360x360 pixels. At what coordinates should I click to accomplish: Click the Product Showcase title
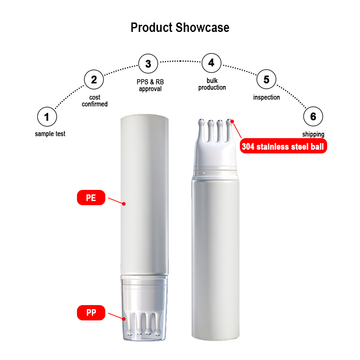pyautogui.click(x=180, y=27)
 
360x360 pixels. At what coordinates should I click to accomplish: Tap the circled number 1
pyautogui.click(x=47, y=117)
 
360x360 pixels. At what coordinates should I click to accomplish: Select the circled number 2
pyautogui.click(x=94, y=80)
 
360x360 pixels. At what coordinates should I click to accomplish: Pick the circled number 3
pyautogui.click(x=148, y=64)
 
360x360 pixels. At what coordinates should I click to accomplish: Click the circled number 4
pyautogui.click(x=211, y=63)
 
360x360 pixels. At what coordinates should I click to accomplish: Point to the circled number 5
pyautogui.click(x=266, y=80)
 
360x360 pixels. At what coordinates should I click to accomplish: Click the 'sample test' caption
pyautogui.click(x=50, y=134)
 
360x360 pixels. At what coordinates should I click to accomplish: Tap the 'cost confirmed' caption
pyautogui.click(x=95, y=101)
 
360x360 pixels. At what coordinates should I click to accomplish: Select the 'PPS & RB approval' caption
pyautogui.click(x=150, y=85)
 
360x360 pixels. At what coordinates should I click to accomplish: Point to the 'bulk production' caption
pyautogui.click(x=213, y=84)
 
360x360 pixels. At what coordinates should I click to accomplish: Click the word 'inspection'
pyautogui.click(x=266, y=97)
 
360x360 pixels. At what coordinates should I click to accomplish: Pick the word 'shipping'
pyautogui.click(x=313, y=134)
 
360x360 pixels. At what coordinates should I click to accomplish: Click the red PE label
pyautogui.click(x=91, y=198)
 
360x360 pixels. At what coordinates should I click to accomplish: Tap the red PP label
pyautogui.click(x=91, y=312)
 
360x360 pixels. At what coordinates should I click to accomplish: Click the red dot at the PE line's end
pyautogui.click(x=124, y=204)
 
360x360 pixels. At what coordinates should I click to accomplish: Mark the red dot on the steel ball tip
pyautogui.click(x=233, y=121)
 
